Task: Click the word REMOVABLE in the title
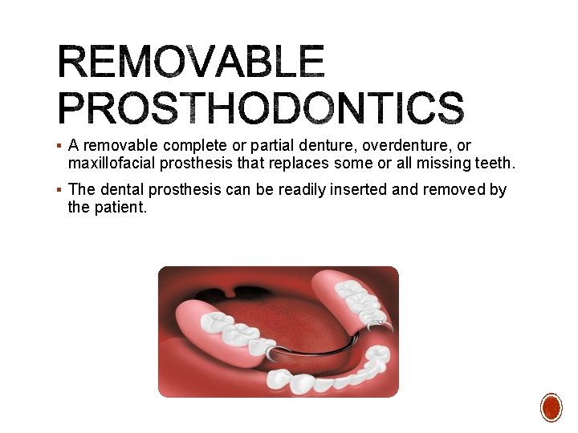pos(191,63)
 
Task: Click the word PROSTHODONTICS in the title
pos(261,108)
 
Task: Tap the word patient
pos(120,208)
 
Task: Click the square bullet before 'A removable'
pos(61,147)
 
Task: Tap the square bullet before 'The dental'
pos(61,191)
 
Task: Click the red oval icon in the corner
pos(551,407)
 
